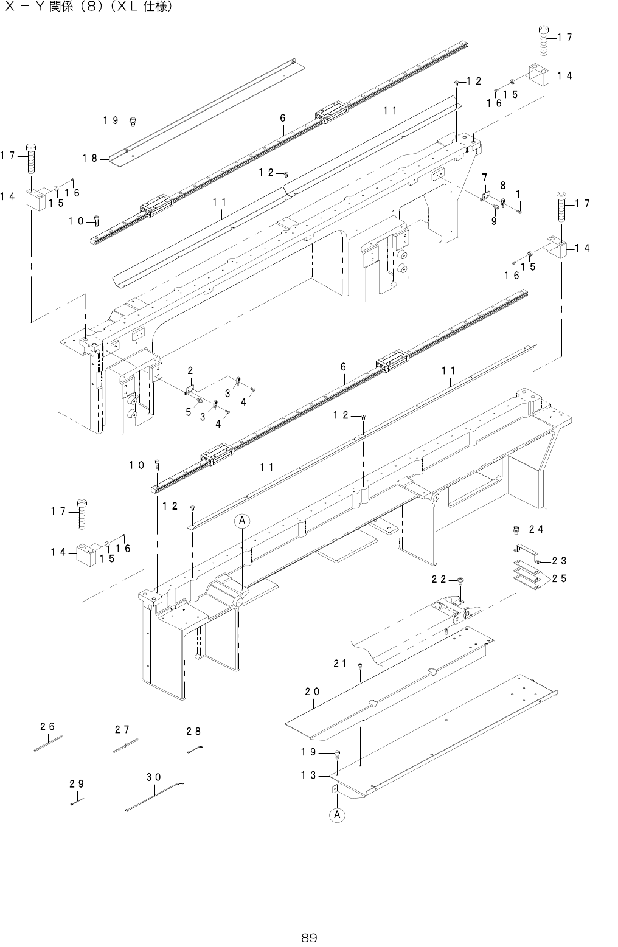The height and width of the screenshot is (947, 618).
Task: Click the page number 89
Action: pyautogui.click(x=309, y=937)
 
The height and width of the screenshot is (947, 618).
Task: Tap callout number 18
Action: pyautogui.click(x=90, y=159)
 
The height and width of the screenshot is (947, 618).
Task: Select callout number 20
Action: pyautogui.click(x=313, y=692)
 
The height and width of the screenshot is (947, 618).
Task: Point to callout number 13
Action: pyautogui.click(x=308, y=775)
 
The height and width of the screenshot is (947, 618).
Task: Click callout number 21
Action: pyautogui.click(x=341, y=664)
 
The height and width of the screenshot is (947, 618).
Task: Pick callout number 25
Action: pyautogui.click(x=559, y=578)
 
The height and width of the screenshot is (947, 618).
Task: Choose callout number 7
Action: pyautogui.click(x=485, y=177)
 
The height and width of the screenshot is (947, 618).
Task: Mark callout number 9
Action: pyautogui.click(x=494, y=222)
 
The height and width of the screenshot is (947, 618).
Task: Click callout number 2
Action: pyautogui.click(x=190, y=370)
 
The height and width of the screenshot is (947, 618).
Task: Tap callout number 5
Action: pyautogui.click(x=189, y=412)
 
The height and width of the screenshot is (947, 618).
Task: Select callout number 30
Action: pyautogui.click(x=153, y=777)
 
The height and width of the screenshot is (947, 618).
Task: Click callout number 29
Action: pyautogui.click(x=77, y=783)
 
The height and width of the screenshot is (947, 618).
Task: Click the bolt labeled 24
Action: pyautogui.click(x=516, y=530)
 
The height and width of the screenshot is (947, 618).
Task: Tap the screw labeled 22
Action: pyautogui.click(x=461, y=581)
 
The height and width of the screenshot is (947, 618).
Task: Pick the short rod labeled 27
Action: pyautogui.click(x=125, y=745)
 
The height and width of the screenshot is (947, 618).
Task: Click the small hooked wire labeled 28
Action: pyautogui.click(x=195, y=749)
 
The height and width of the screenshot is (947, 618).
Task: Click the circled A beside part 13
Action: pyautogui.click(x=336, y=814)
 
